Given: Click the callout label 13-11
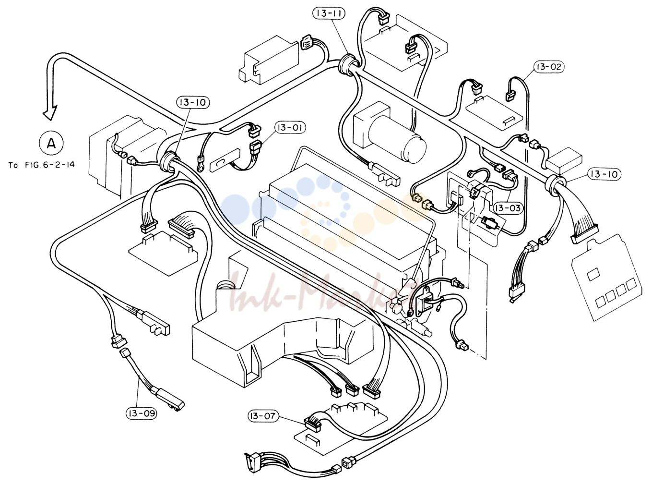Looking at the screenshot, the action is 329,13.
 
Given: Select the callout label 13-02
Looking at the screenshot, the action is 549,67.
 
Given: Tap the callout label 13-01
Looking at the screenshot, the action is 290,127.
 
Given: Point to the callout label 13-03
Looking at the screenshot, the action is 508,208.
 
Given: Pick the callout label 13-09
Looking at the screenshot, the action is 142,413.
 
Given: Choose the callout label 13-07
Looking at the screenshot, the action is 263,416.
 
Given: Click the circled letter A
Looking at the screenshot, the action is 51,143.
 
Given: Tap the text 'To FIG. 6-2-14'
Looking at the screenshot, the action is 41,165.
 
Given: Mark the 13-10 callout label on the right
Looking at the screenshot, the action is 604,174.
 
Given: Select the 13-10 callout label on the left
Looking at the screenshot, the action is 193,102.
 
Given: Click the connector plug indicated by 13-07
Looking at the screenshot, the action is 312,424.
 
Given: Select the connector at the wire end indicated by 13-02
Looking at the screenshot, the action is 510,96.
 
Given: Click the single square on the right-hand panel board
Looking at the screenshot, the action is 593,274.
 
